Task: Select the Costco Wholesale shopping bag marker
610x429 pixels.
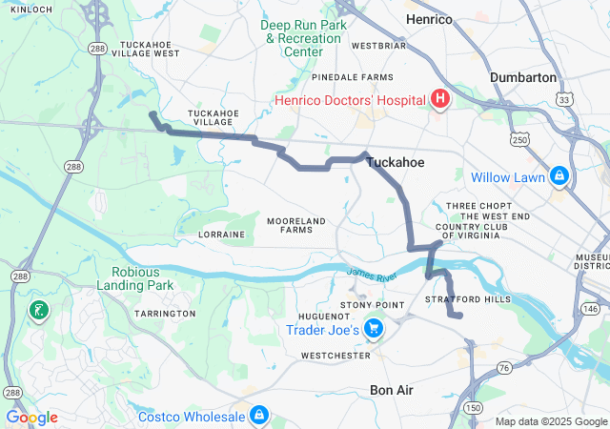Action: click(x=258, y=415)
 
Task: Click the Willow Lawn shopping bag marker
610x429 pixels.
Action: click(x=558, y=176)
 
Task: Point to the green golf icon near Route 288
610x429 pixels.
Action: click(x=37, y=310)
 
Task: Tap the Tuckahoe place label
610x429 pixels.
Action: click(x=396, y=163)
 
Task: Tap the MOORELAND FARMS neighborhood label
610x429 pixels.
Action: click(x=296, y=225)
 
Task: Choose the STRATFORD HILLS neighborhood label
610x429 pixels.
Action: click(x=468, y=299)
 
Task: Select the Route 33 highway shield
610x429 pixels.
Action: click(x=566, y=99)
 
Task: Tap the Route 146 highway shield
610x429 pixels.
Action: click(x=591, y=309)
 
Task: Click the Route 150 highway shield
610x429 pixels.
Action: click(x=472, y=407)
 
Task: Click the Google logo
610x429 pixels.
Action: click(x=32, y=418)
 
